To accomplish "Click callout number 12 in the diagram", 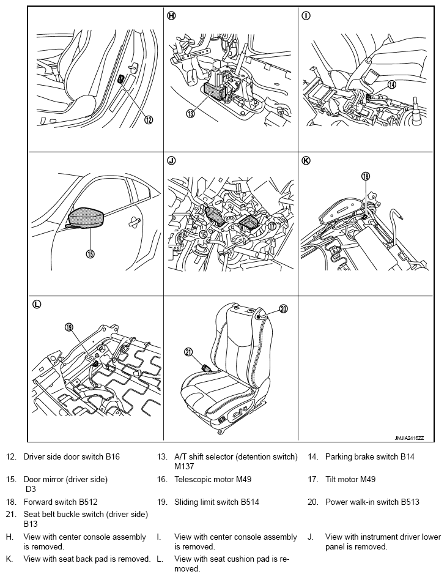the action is pos(149,119).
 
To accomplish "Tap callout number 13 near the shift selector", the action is pos(190,114).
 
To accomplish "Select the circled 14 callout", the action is pos(392,84).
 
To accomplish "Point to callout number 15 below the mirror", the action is pos(90,253).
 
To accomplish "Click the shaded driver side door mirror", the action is pos(86,218).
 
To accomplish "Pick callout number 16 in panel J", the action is pos(203,234).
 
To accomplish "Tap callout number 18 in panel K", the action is pos(365,176).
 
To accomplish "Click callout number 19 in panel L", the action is pos(69,327).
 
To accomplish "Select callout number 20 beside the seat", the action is pos(283,309).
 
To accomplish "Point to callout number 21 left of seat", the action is pos(188,352).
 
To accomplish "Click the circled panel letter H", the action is pos(171,15).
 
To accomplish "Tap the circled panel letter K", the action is pos(306,160).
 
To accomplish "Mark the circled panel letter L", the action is pos(37,304).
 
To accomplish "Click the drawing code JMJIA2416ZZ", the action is pos(409,438).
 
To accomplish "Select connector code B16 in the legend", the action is pos(113,456).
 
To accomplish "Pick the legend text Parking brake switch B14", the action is pos(370,456).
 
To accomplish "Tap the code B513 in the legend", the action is pos(410,502).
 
